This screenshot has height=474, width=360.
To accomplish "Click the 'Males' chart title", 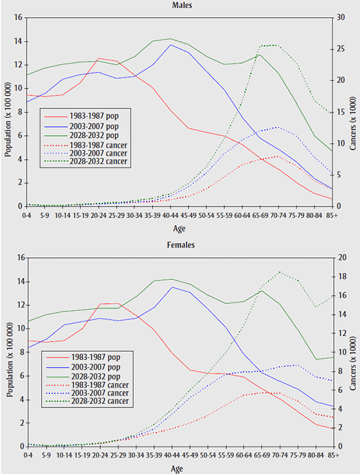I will (x=181, y=5).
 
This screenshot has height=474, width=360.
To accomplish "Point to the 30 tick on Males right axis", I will (x=342, y=16).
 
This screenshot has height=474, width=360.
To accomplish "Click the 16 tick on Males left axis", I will (x=19, y=16).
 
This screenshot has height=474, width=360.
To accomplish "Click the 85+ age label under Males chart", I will (x=333, y=213).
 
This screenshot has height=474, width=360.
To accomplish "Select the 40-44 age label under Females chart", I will (x=171, y=454).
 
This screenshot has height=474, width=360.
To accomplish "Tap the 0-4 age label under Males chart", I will (x=27, y=213).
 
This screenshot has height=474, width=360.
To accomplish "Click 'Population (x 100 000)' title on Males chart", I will (x=7, y=112).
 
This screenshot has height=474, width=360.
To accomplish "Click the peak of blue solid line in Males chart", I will (x=171, y=45).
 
